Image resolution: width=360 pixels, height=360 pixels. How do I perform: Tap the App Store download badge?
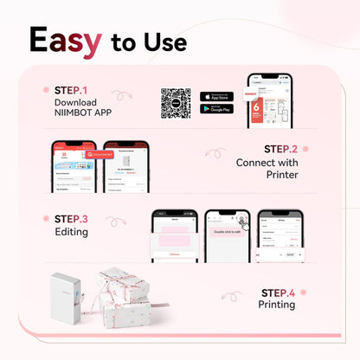click(x=216, y=95)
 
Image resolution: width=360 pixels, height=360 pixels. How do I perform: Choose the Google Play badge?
click(x=216, y=109)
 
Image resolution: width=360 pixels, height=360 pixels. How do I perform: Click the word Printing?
click(x=276, y=305)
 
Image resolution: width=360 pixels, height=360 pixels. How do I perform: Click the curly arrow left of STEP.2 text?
click(x=215, y=153)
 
